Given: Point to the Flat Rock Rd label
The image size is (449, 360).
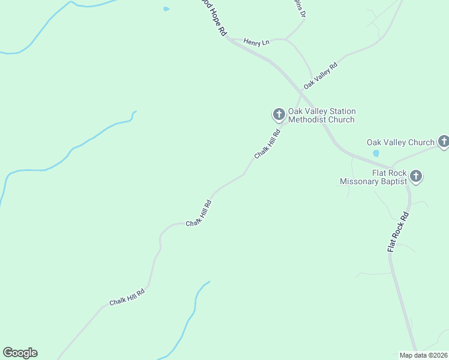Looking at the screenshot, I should click(x=397, y=232).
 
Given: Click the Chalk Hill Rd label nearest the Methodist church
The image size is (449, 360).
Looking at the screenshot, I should click(x=267, y=145).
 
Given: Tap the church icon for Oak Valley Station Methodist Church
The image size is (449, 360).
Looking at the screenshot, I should click(x=279, y=113).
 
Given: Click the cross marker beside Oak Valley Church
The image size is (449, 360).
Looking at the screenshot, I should click(x=444, y=142).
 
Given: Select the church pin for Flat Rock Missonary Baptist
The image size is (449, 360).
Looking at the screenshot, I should click(x=416, y=176).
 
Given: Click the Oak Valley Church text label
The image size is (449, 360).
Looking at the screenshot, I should click(x=400, y=142).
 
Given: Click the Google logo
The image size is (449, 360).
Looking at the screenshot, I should click(x=20, y=353).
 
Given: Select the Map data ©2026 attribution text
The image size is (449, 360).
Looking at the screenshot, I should click(x=423, y=355).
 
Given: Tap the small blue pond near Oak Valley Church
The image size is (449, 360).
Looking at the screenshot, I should click(x=376, y=153).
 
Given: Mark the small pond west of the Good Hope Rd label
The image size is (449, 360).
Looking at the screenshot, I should click(x=166, y=9).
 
